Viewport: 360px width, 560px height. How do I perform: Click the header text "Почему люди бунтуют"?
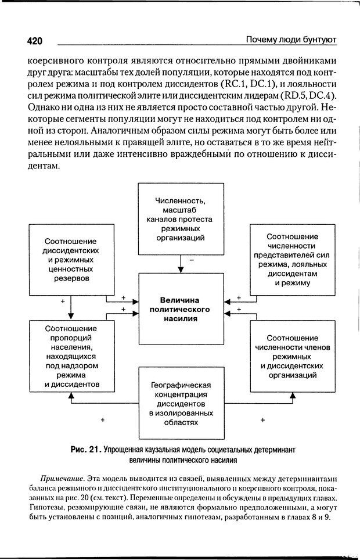291,40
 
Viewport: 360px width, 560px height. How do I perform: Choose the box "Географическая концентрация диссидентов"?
180,404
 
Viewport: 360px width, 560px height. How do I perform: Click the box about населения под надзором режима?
70,356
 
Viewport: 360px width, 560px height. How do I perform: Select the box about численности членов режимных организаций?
292,356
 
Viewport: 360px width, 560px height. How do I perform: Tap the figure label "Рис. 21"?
86,450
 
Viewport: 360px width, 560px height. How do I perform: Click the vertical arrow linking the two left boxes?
70,308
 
